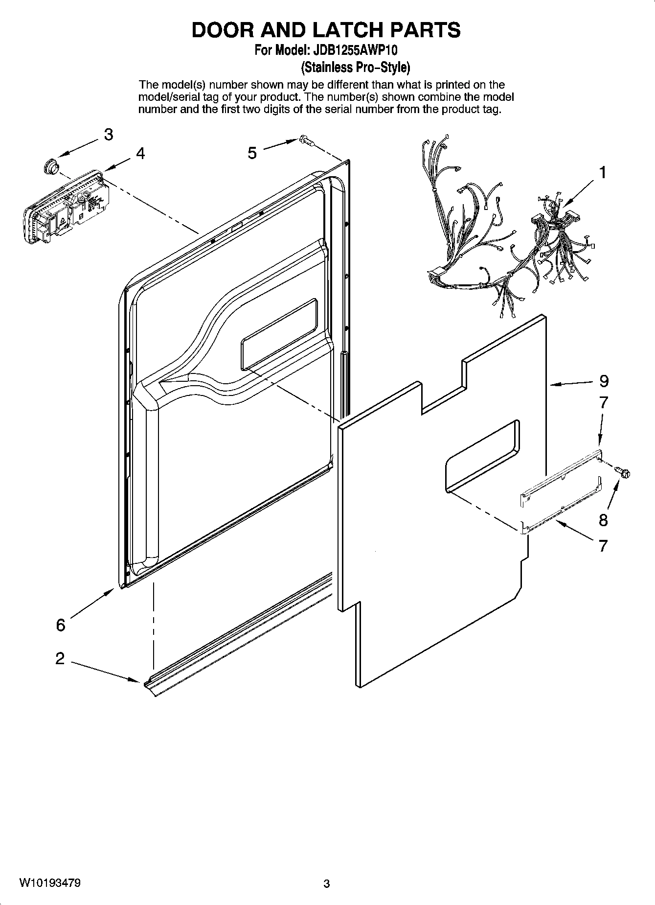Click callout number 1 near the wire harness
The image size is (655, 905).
603,173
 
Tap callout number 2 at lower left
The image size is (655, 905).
60,658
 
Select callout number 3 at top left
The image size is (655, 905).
108,134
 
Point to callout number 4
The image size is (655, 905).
140,154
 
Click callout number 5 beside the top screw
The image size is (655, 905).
252,154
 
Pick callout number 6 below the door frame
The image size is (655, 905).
60,625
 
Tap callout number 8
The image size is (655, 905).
603,520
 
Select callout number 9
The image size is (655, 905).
604,381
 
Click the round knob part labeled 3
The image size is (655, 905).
50,166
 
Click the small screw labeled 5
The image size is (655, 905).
306,140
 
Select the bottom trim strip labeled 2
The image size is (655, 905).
235,636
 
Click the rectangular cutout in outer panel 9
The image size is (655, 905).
482,455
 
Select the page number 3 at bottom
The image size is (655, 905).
327,884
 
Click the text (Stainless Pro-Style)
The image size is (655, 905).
355,67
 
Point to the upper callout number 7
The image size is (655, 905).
604,403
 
